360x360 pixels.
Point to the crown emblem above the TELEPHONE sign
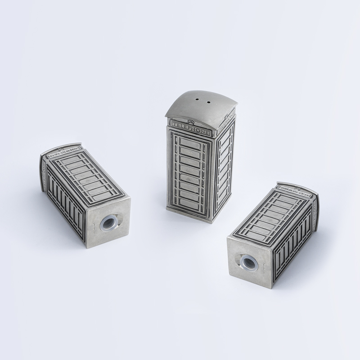[192, 121]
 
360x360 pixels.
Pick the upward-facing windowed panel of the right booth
[274, 216]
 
